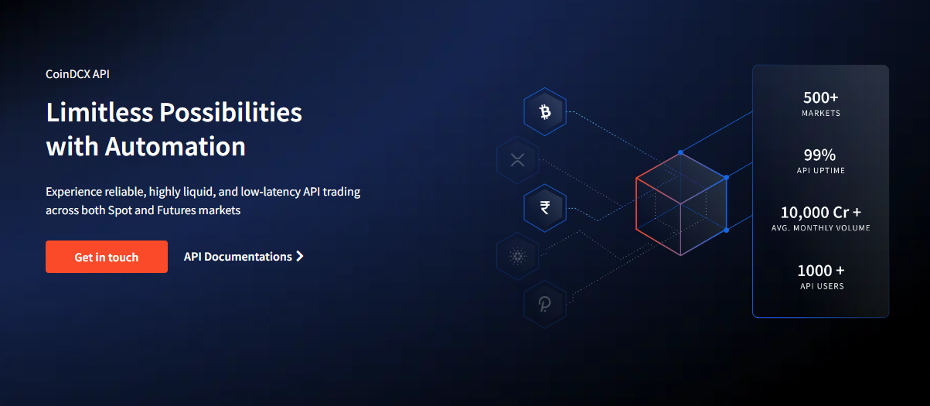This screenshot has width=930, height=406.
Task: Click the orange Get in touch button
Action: (107, 257)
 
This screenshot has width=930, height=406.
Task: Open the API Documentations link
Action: (238, 257)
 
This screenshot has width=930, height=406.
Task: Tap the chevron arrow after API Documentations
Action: (300, 257)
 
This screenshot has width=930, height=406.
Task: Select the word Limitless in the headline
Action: (99, 113)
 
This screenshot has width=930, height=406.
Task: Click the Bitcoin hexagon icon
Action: (545, 113)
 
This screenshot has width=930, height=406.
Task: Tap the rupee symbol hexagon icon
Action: (545, 207)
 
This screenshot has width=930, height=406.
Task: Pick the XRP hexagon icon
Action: (517, 160)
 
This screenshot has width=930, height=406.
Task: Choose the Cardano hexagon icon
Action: (517, 256)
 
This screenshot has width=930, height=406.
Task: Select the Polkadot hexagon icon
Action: (545, 302)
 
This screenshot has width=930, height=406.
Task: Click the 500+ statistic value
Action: (821, 98)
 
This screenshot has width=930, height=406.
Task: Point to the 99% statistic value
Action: (821, 155)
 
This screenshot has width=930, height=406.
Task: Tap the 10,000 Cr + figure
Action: (821, 213)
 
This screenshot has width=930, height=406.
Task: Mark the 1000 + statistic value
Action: (821, 271)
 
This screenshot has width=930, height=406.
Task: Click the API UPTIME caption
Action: (821, 170)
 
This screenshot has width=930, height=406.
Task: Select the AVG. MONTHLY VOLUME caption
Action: (821, 228)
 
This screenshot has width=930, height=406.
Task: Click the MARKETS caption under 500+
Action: (821, 113)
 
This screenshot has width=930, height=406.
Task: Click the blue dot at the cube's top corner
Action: (680, 152)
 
